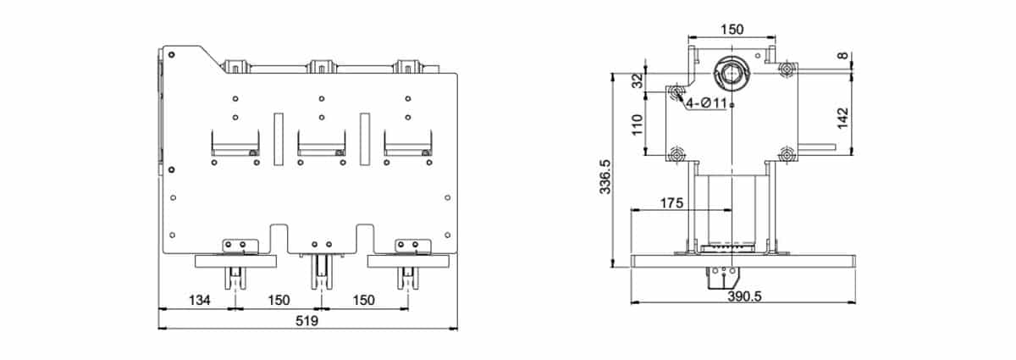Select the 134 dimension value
tap(199, 300)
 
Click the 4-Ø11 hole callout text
tap(707, 103)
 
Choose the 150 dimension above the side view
tap(732, 29)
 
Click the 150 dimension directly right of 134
tap(279, 300)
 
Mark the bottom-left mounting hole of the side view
tap(676, 154)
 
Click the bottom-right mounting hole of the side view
tap(787, 154)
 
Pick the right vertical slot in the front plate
tap(365, 136)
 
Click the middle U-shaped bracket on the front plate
tap(321, 143)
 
